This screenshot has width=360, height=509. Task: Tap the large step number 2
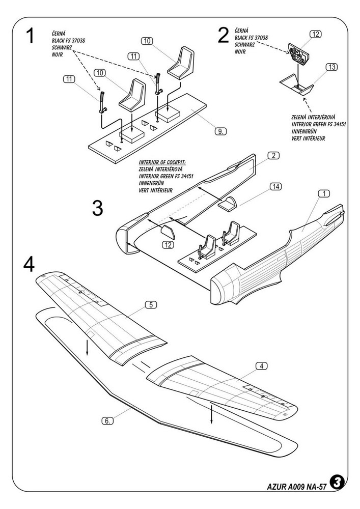tap(223, 36)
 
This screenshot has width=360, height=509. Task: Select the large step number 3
tap(98, 208)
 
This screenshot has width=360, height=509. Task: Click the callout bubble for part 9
tap(219, 131)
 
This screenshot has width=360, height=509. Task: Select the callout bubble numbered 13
tap(332, 67)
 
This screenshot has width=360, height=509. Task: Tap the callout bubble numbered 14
tap(275, 187)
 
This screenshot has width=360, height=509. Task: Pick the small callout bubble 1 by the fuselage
tap(324, 193)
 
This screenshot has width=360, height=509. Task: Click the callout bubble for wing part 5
tap(150, 305)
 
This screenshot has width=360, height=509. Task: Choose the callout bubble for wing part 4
tap(261, 365)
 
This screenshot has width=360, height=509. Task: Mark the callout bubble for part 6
tap(107, 420)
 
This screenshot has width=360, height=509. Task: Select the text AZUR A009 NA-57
tap(296, 486)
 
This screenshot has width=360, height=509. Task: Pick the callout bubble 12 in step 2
tap(316, 34)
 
